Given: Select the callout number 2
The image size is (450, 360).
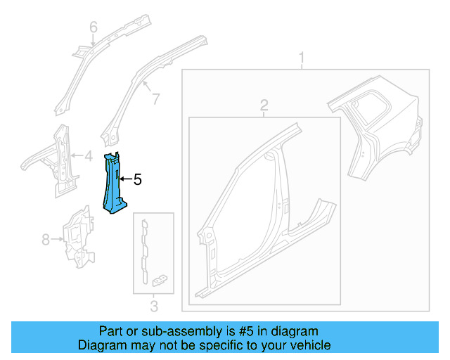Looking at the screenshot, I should click(x=264, y=105).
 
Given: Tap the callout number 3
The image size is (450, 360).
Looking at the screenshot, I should click(x=154, y=305).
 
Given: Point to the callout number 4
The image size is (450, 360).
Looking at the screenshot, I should click(x=88, y=156).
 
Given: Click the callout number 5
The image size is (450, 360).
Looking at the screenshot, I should click(x=137, y=180).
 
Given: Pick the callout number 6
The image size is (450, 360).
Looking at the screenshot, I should click(x=93, y=27).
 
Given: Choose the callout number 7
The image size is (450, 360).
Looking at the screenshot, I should click(x=155, y=99).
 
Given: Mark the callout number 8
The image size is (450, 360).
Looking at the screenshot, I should click(x=46, y=240).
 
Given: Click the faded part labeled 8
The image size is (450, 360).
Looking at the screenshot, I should click(x=78, y=236).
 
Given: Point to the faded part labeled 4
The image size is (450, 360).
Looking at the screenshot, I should click(x=56, y=158).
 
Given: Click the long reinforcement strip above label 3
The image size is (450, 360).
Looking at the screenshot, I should click(x=145, y=246).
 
